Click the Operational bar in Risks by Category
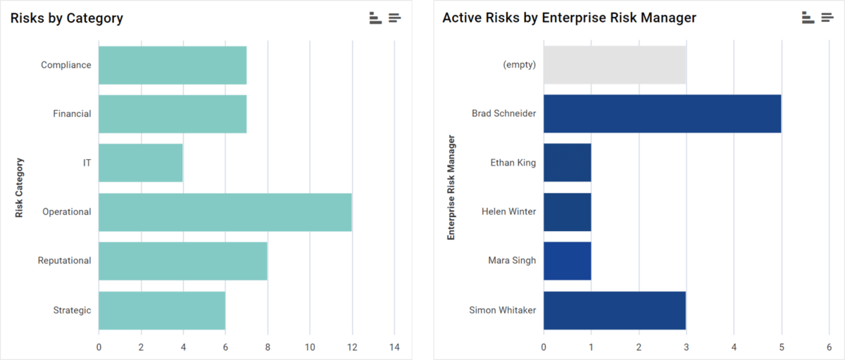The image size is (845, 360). (x=225, y=212)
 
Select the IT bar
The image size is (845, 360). (x=140, y=163)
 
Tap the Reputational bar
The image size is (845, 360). (x=182, y=261)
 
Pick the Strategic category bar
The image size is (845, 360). (x=161, y=310)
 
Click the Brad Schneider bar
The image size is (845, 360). (x=662, y=113)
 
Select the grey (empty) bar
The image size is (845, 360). (x=614, y=65)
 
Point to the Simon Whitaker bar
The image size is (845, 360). (x=614, y=310)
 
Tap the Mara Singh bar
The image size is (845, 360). (x=567, y=261)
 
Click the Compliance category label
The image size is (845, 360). (x=65, y=65)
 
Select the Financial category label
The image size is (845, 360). (x=72, y=113)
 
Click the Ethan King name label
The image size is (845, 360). (x=513, y=163)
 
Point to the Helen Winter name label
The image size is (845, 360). (x=508, y=211)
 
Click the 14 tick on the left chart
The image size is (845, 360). (x=394, y=347)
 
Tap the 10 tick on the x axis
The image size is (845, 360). (x=310, y=347)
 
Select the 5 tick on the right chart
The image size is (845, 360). (x=782, y=347)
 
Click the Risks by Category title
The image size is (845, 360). (x=66, y=18)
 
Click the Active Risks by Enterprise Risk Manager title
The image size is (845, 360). (x=569, y=18)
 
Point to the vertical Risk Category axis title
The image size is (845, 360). (x=20, y=187)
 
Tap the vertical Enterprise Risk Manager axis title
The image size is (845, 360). (x=451, y=187)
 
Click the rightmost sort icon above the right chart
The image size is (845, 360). (x=827, y=18)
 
